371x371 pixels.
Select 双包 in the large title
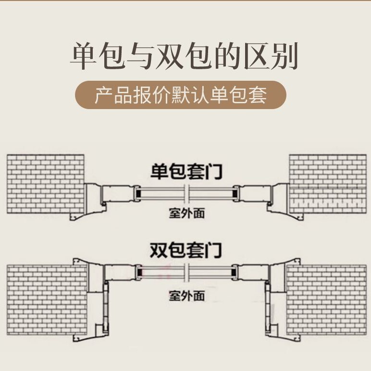click(x=182, y=56)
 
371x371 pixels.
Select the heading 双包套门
click(x=185, y=250)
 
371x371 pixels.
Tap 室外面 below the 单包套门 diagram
click(x=186, y=212)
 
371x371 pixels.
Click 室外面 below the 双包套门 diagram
click(x=186, y=295)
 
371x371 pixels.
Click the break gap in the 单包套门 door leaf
click(x=186, y=194)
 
